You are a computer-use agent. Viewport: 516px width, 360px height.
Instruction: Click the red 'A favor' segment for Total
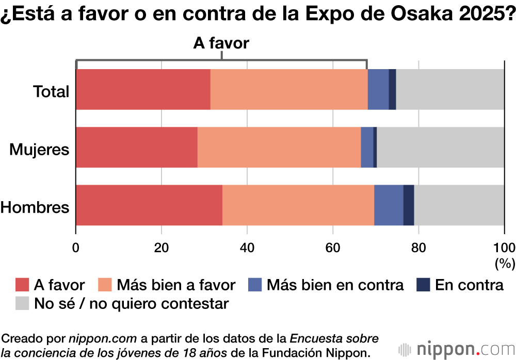[143, 89]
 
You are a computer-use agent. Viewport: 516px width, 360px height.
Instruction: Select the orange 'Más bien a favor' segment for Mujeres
[279, 147]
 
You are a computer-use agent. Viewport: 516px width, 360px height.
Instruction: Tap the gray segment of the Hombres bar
[459, 205]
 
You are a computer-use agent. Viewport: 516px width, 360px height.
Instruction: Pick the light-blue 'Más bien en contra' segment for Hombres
[388, 205]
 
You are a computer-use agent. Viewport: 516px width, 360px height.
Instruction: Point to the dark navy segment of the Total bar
[392, 89]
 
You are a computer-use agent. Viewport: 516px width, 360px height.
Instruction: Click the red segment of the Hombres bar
[149, 205]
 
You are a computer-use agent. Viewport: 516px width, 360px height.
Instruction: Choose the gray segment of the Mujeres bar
[440, 147]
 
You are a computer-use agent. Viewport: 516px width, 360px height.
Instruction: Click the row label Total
[51, 91]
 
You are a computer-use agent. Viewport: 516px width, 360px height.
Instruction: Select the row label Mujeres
[40, 150]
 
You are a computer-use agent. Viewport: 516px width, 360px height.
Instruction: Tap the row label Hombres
[35, 207]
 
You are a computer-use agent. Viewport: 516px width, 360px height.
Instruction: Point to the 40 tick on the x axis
[247, 245]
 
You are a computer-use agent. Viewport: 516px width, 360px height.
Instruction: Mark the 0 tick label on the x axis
[76, 245]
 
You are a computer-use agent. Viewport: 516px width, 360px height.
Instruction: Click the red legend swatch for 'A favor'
[22, 285]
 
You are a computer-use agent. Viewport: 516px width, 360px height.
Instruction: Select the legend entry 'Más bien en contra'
[334, 285]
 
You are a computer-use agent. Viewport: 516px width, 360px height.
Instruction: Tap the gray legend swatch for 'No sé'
[22, 303]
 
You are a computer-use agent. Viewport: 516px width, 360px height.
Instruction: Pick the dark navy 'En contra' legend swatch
[424, 285]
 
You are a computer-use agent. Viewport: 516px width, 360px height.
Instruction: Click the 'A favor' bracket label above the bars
[221, 43]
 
